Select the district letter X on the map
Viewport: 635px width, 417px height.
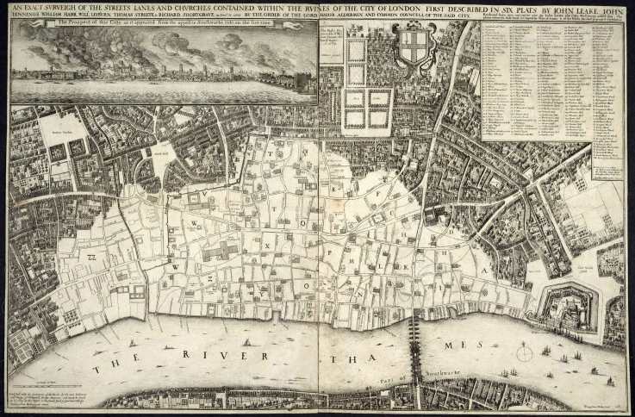[268, 245]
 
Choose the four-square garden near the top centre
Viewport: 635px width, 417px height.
[368, 109]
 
